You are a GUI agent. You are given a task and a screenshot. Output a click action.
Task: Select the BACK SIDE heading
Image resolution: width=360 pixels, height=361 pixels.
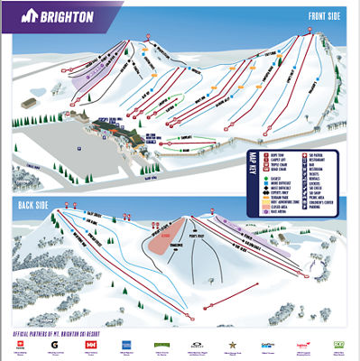pyautogui.click(x=32, y=205)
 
